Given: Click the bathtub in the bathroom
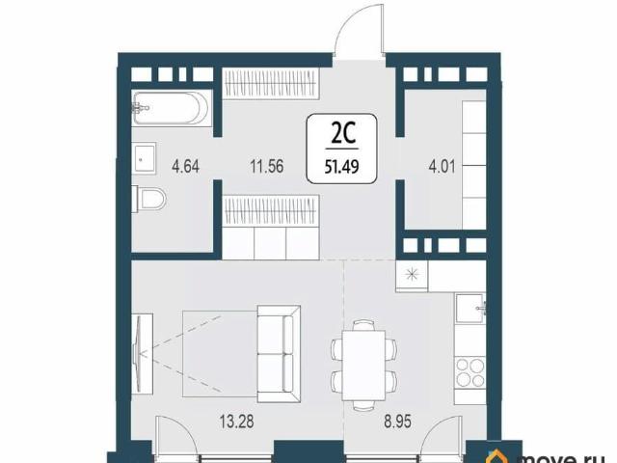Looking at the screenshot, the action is pyautogui.click(x=172, y=108).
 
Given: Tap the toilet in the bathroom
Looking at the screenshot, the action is pyautogui.click(x=150, y=199).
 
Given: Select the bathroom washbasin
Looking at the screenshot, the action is pyautogui.click(x=145, y=158).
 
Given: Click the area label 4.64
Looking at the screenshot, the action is pyautogui.click(x=186, y=167).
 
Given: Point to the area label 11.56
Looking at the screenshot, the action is pyautogui.click(x=267, y=167).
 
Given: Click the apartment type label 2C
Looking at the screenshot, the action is pyautogui.click(x=343, y=133).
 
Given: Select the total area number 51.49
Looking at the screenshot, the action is pyautogui.click(x=341, y=167).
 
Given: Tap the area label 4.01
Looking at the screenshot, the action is pyautogui.click(x=442, y=167).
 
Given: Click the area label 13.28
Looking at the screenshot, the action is pyautogui.click(x=236, y=422).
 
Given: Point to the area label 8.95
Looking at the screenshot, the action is pyautogui.click(x=398, y=422).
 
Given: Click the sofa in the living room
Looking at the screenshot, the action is pyautogui.click(x=279, y=354).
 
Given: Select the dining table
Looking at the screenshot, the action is pyautogui.click(x=363, y=366).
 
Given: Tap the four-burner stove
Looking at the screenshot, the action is pyautogui.click(x=470, y=373).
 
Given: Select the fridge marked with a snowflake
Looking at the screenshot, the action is pyautogui.click(x=412, y=275).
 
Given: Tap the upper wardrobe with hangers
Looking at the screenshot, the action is pyautogui.click(x=271, y=83).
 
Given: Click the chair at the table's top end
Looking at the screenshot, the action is pyautogui.click(x=363, y=325).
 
